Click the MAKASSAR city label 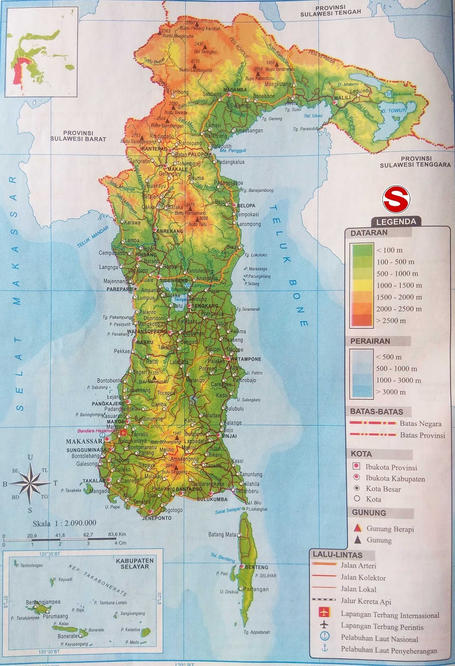point(84,441)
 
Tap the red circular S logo point(396,199)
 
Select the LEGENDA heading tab point(396,222)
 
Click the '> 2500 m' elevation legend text point(390,321)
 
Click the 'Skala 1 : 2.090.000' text point(65,523)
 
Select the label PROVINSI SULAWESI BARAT point(78,136)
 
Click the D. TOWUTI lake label point(397,111)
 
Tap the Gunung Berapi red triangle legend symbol point(357,529)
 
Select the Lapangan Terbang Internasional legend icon point(324,612)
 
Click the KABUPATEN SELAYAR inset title point(135,563)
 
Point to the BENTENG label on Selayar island point(256,567)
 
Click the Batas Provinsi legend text point(422,435)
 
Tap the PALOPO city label point(197,154)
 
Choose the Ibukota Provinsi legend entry point(391,467)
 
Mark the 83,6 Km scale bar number point(117,534)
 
